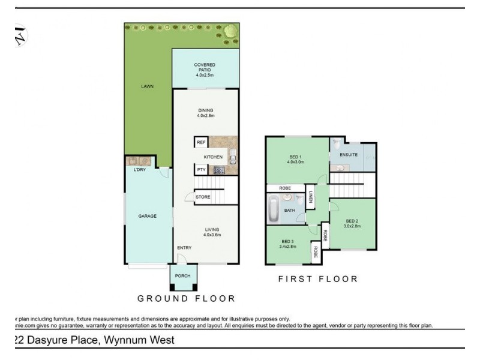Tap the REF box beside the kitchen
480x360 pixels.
(x=201, y=142)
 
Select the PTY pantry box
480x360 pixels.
(x=201, y=170)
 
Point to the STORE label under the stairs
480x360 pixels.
(x=203, y=196)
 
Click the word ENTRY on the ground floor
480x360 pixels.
(x=184, y=248)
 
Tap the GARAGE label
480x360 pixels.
(x=147, y=216)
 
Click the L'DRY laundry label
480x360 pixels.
(x=140, y=170)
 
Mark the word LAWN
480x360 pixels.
(x=147, y=86)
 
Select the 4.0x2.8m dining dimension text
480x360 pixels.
(x=206, y=115)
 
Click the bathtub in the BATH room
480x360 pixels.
(x=274, y=210)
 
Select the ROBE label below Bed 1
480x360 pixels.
(x=286, y=188)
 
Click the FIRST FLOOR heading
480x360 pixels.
(x=318, y=279)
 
